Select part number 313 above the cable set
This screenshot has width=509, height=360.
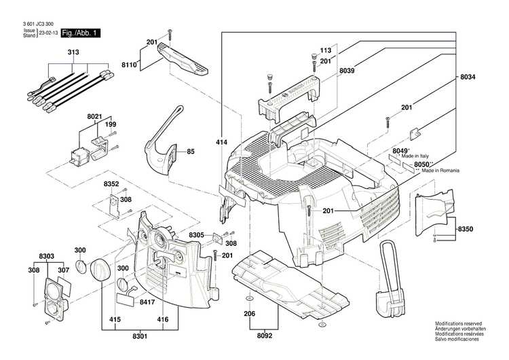(x=73, y=53)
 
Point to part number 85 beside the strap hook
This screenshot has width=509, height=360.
(x=191, y=151)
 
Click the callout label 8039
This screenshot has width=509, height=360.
(x=347, y=71)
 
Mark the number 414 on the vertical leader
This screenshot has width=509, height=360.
(x=221, y=143)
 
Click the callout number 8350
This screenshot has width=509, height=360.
(x=467, y=230)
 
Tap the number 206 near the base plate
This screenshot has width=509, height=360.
(x=250, y=314)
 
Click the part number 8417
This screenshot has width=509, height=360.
(x=147, y=301)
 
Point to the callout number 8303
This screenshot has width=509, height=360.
(x=46, y=256)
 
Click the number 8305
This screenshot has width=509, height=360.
(x=197, y=235)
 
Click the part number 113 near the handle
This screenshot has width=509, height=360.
(x=325, y=51)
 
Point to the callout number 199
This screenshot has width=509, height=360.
(x=110, y=124)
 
